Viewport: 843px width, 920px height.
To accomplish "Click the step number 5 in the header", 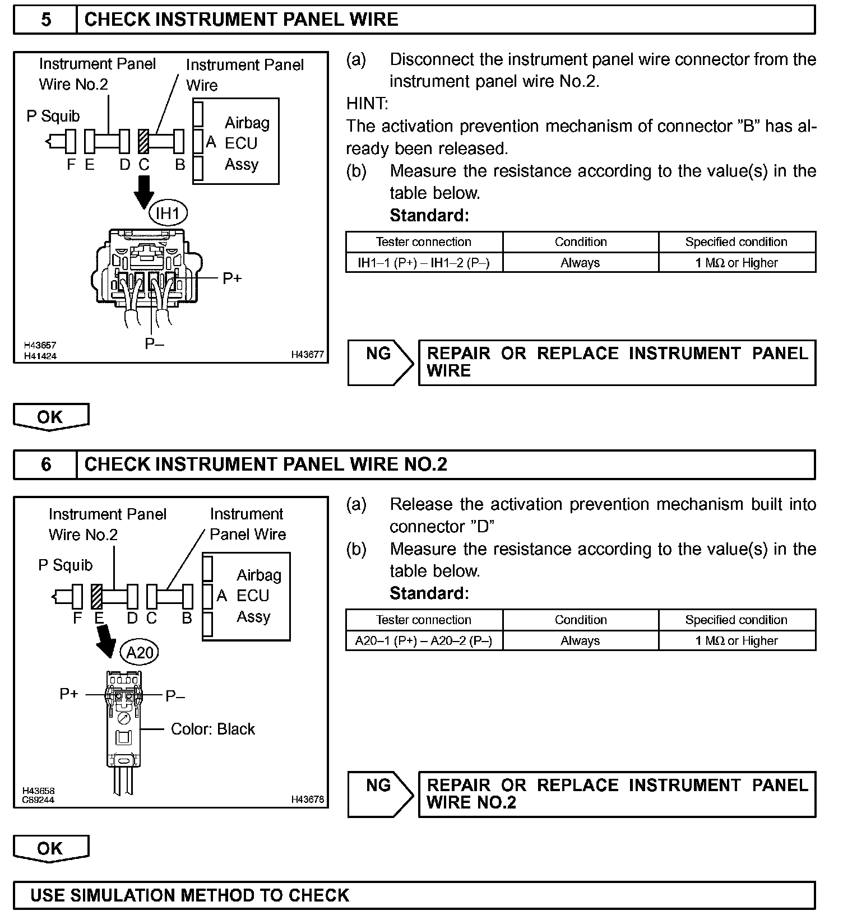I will tap(45, 20).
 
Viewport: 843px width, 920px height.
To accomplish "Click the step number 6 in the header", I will tap(45, 464).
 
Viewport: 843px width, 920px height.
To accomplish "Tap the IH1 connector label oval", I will tap(168, 213).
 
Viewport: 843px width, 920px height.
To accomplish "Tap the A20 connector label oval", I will tap(140, 652).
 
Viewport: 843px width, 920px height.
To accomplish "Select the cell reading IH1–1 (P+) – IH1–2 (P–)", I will tap(424, 263).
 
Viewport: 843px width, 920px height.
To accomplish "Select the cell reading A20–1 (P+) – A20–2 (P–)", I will tap(424, 640).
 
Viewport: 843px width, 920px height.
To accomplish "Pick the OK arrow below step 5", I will tap(50, 417).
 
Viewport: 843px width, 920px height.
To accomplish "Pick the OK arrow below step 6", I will tap(50, 849).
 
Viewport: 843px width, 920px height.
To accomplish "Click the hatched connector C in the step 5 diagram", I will tap(143, 141).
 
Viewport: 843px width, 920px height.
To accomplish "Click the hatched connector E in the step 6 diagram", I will tap(96, 596).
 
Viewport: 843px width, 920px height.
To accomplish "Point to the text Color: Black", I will tap(212, 729).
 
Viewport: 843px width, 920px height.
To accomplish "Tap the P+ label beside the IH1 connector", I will tap(232, 278).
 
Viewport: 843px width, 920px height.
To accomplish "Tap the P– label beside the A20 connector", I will tap(175, 696).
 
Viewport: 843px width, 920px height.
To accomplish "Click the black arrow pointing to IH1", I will tap(144, 192).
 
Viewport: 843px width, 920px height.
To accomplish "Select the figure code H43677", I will tap(307, 355).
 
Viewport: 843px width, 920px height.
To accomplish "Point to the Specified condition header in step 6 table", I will tap(736, 620).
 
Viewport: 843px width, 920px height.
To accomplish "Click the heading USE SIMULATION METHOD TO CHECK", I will tap(189, 895).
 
